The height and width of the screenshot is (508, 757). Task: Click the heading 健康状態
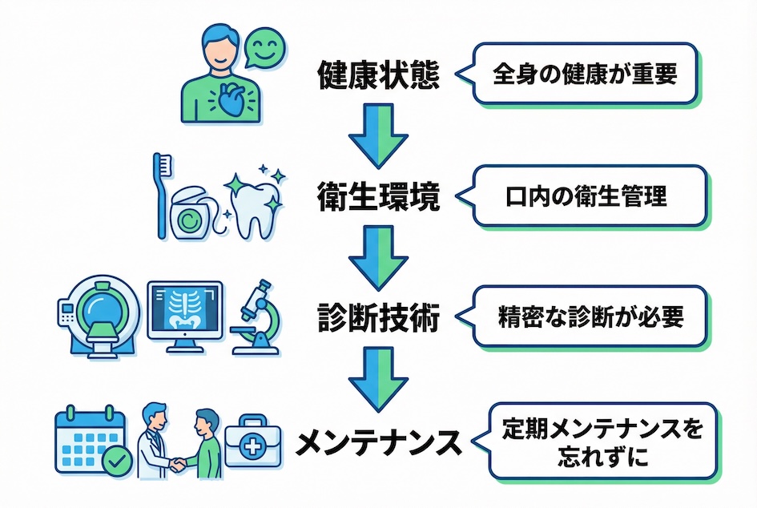coord(378,76)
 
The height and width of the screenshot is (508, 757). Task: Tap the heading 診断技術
coord(378,319)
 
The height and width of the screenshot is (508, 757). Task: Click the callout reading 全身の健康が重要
coord(584,75)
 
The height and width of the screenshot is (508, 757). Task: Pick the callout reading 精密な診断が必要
coord(592,317)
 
